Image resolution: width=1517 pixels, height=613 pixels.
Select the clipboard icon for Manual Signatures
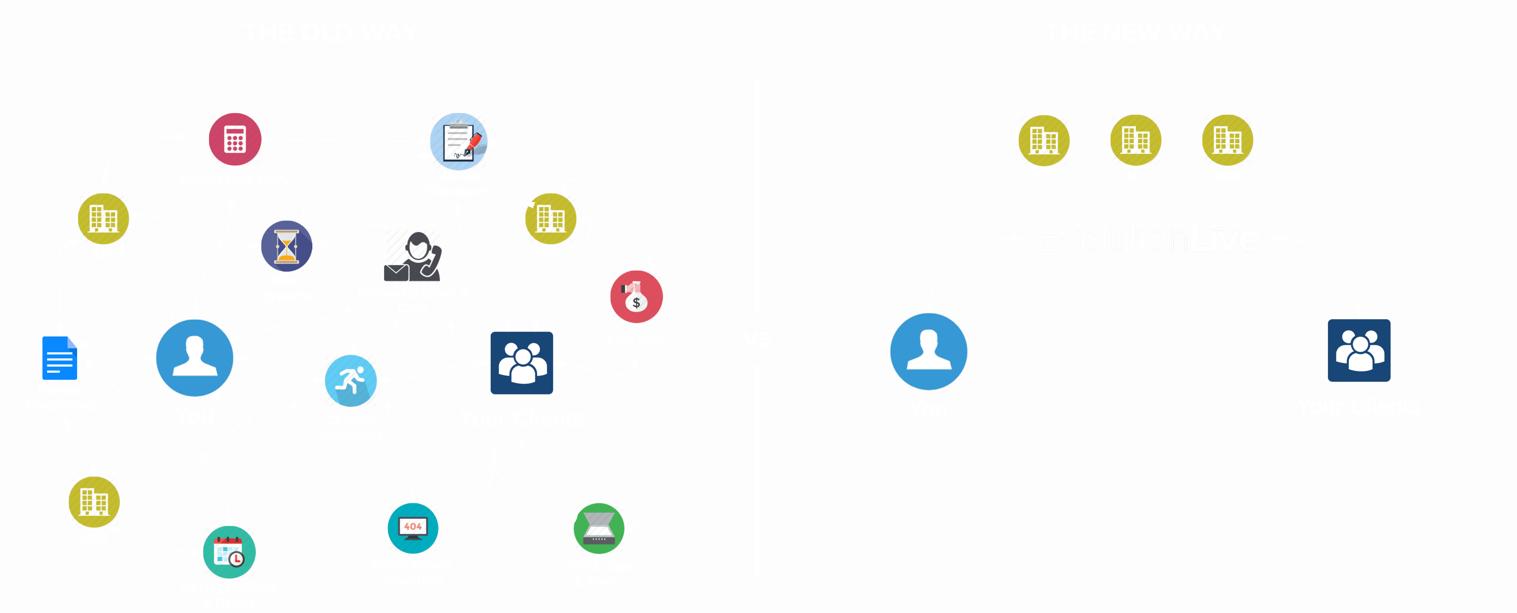click(459, 141)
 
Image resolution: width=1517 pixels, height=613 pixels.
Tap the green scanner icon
click(599, 528)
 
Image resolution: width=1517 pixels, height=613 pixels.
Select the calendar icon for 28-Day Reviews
click(229, 552)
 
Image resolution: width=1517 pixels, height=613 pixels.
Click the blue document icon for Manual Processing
click(60, 358)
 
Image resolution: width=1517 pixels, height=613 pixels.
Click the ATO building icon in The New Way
click(1135, 140)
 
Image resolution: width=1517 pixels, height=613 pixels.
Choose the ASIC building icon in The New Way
click(1043, 140)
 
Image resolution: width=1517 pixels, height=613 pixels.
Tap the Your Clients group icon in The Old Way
click(522, 363)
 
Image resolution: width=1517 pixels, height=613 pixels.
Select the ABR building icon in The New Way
click(1227, 140)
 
